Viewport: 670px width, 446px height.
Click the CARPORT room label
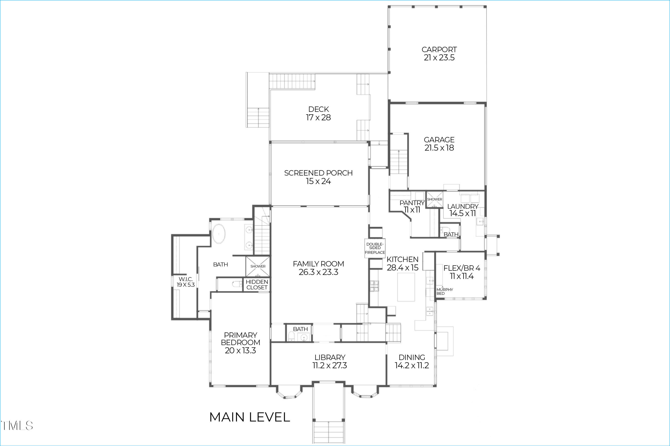[x=439, y=50]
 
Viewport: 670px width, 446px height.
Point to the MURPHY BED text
[x=444, y=291]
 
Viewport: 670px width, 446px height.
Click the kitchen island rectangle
[x=406, y=287]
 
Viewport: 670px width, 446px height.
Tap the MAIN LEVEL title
[x=249, y=417]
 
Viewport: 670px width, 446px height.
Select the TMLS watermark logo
[x=17, y=426]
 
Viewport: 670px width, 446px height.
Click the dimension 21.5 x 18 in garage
[x=439, y=148]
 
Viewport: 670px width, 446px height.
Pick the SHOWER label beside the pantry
[x=434, y=199]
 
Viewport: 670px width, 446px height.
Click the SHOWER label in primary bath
[x=258, y=266]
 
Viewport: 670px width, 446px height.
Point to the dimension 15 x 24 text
[x=318, y=181]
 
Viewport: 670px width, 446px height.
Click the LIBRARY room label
[x=330, y=357]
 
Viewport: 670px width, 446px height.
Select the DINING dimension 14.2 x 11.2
[x=412, y=365]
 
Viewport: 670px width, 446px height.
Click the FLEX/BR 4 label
[x=461, y=268]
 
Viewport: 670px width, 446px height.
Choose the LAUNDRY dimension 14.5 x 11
[x=462, y=213]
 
